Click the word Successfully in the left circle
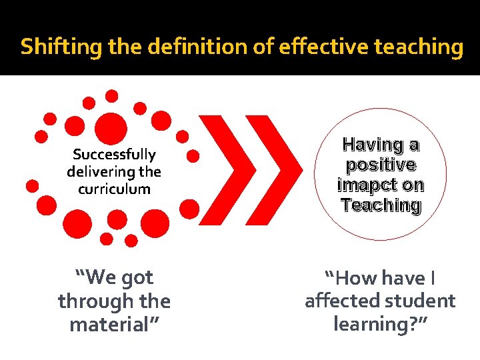[x=114, y=155]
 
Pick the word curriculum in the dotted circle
[x=114, y=189]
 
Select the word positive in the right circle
[x=381, y=165]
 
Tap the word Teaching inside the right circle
[x=381, y=205]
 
